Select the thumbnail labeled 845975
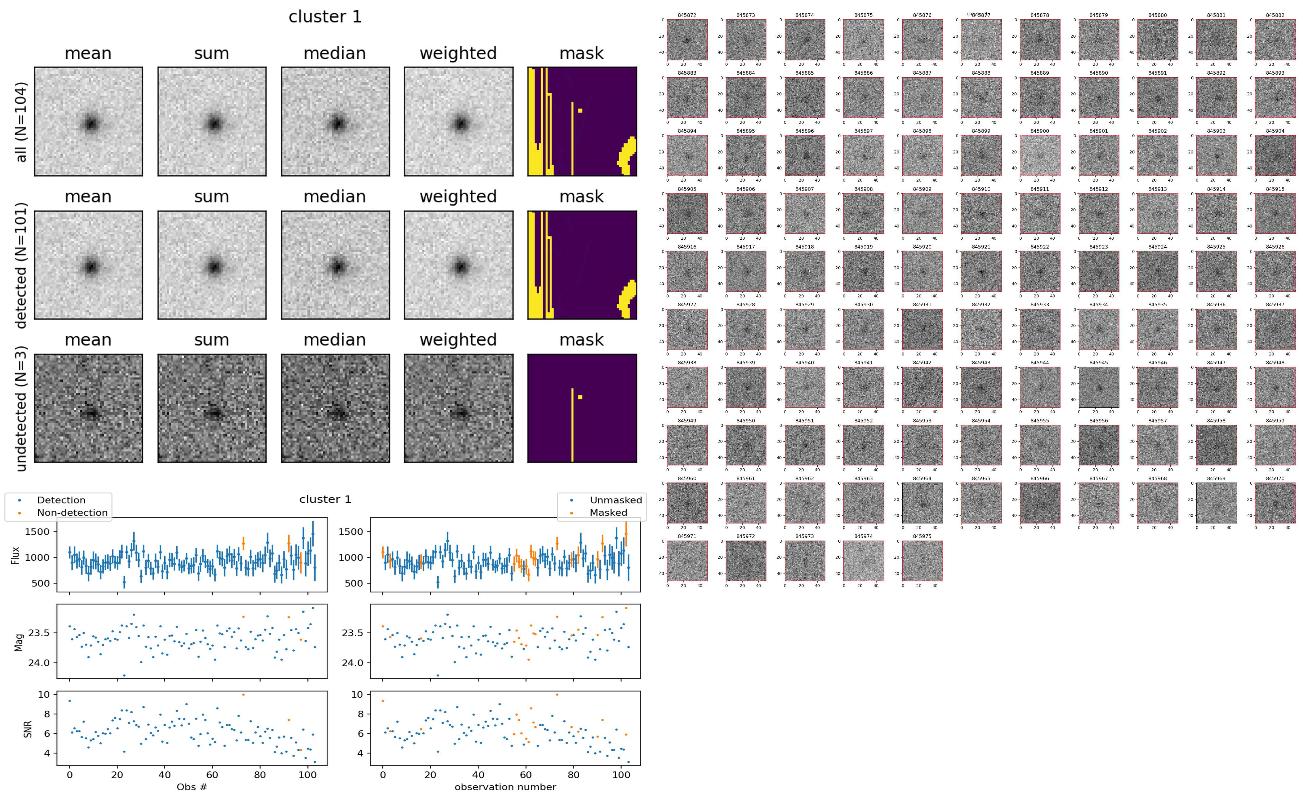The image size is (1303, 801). pyautogui.click(x=922, y=560)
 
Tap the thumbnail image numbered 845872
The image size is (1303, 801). pyautogui.click(x=687, y=40)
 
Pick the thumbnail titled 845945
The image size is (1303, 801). pyautogui.click(x=1099, y=387)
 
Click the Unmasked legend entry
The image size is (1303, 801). pyautogui.click(x=616, y=500)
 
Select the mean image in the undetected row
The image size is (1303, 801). pyautogui.click(x=89, y=408)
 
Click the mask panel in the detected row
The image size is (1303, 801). pyautogui.click(x=582, y=265)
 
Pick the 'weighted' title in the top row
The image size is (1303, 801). pyautogui.click(x=458, y=54)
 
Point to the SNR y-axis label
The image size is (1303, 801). pyautogui.click(x=28, y=729)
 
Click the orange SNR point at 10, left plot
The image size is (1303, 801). pyautogui.click(x=243, y=695)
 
